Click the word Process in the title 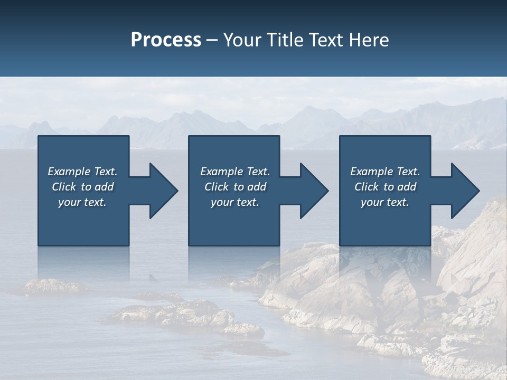166,40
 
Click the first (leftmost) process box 83,222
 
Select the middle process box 234,222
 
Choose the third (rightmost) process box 384,222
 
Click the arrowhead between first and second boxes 162,191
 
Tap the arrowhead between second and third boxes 312,191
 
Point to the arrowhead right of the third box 464,191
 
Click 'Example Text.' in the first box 82,172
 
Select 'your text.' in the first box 82,202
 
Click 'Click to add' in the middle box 235,187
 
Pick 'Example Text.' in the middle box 235,172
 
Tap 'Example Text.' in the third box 385,172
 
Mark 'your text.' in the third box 385,202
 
